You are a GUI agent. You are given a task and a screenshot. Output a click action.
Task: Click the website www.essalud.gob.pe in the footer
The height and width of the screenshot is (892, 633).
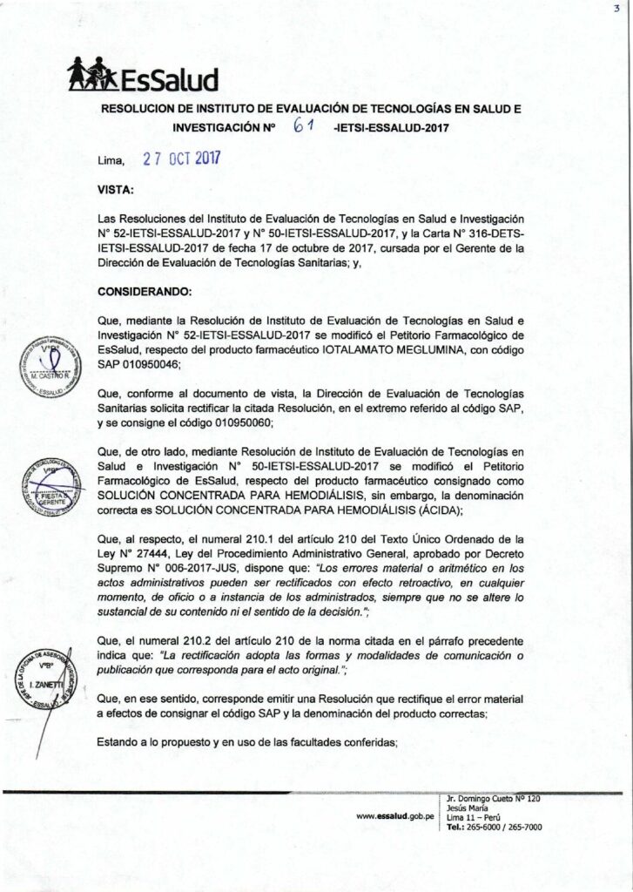click(x=394, y=816)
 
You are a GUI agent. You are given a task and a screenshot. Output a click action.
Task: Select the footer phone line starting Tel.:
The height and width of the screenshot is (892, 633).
click(x=493, y=827)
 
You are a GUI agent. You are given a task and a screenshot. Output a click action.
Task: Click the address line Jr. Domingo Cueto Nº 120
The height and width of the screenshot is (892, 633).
click(x=493, y=798)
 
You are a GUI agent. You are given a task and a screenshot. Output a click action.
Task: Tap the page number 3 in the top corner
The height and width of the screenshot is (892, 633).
click(x=616, y=8)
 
